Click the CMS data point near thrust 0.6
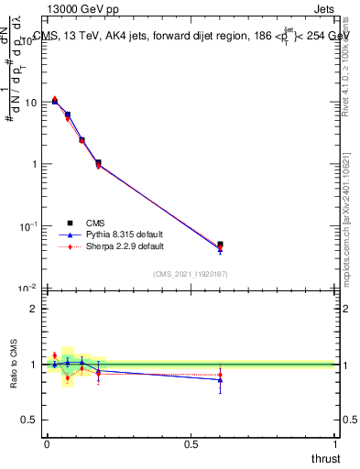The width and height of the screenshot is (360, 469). pos(220,245)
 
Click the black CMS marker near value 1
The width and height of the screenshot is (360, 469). pos(98,163)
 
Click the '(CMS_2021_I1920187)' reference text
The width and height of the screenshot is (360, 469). pos(191,273)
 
